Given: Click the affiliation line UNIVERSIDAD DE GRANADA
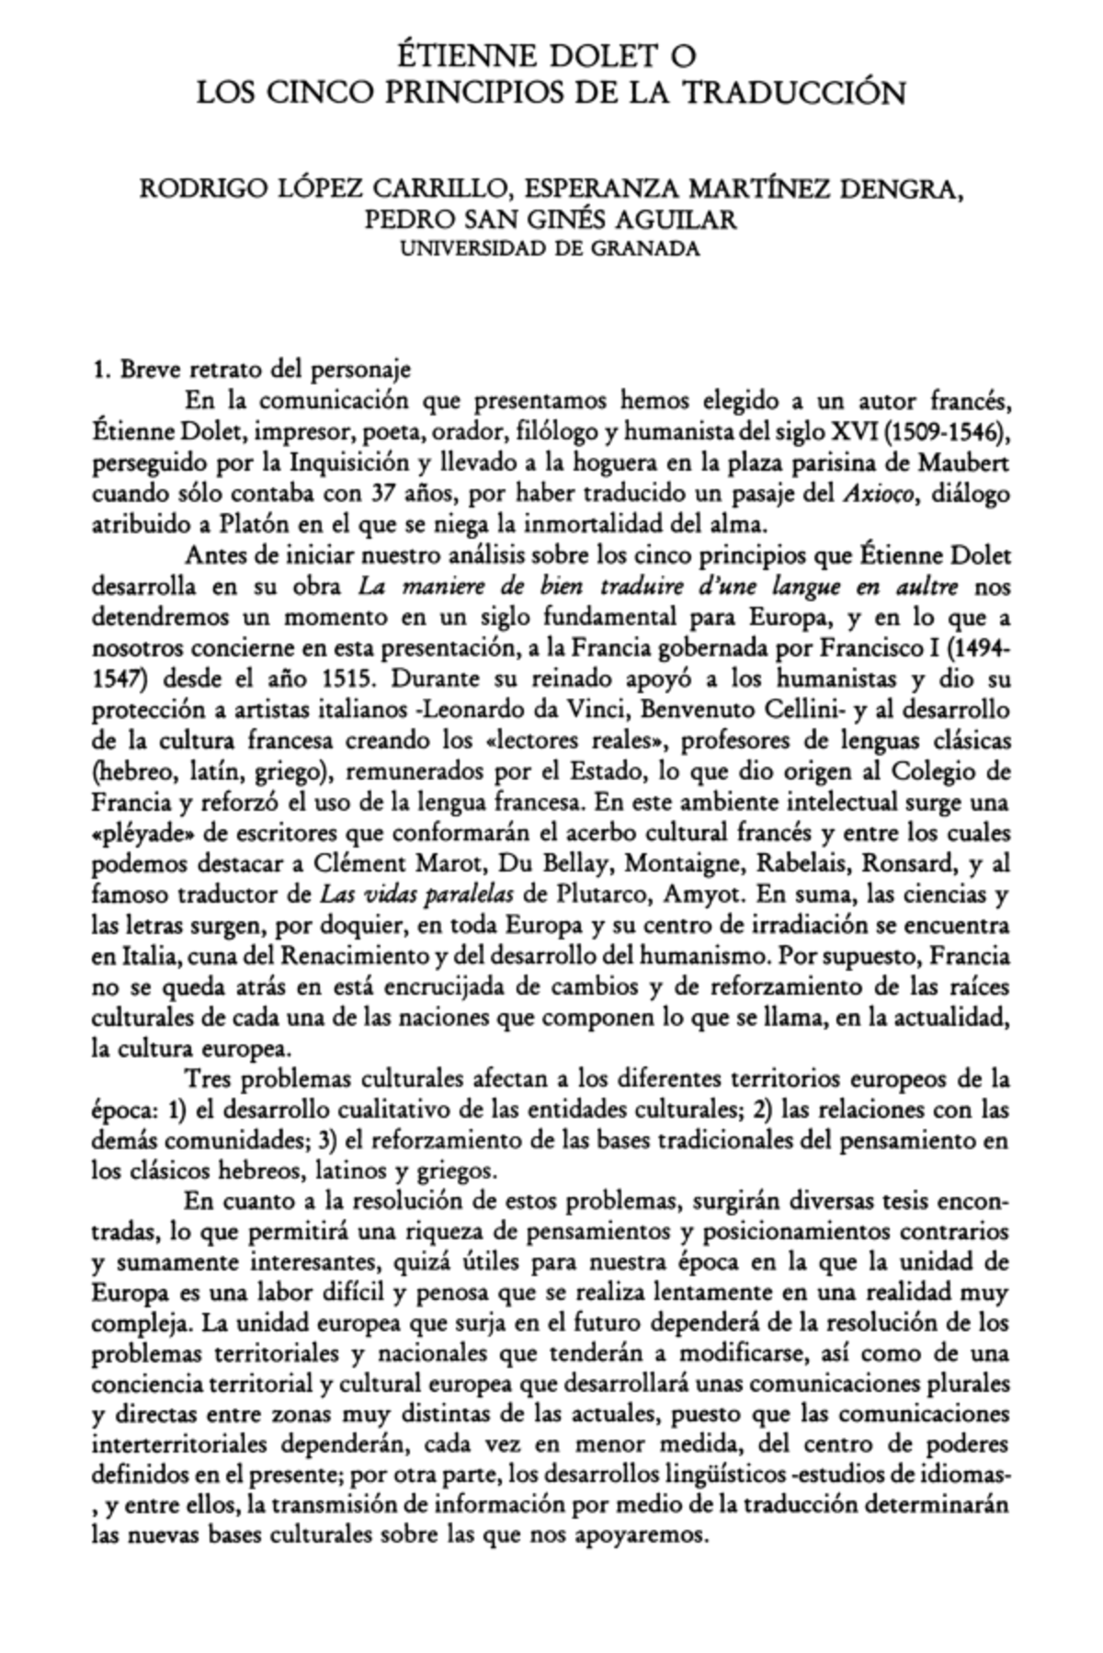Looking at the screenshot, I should coord(551,248).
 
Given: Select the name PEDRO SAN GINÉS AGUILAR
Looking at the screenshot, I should coord(551,222).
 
